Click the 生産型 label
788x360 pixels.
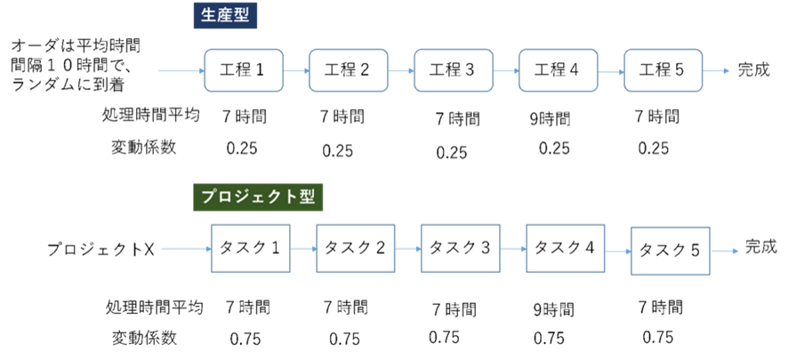(225, 16)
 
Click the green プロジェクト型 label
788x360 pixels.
(258, 197)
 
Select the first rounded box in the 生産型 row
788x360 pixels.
(244, 71)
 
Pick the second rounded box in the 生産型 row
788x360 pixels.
(349, 71)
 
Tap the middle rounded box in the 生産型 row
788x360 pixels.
(454, 71)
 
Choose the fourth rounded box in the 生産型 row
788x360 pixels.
(559, 71)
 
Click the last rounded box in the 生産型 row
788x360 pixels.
(663, 71)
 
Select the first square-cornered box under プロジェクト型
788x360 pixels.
(251, 248)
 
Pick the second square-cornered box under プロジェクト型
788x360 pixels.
(356, 248)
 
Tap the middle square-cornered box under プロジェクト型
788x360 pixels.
(461, 248)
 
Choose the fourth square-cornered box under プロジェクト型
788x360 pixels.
(566, 248)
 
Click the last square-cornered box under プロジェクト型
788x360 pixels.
(670, 251)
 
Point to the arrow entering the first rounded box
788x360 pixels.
(181, 71)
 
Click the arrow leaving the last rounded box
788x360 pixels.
(717, 71)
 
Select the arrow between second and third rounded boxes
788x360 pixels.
(401, 71)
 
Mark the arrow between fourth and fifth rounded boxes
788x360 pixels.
(611, 71)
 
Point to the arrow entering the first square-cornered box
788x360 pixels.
(185, 249)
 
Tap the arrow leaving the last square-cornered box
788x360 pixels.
(725, 251)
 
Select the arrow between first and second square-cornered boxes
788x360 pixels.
(303, 249)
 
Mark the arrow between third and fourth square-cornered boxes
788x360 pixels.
(513, 249)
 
